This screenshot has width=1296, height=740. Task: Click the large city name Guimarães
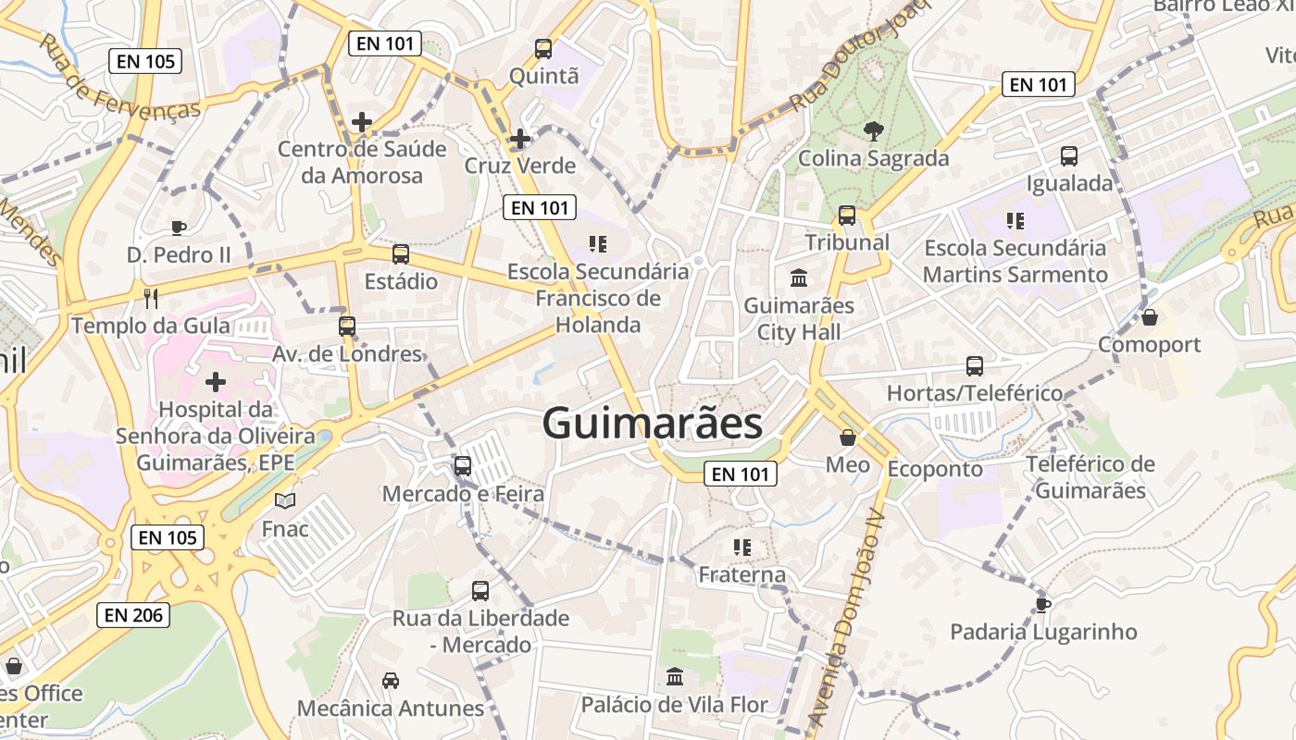coord(653,424)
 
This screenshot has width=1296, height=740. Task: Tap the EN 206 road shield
coord(133,614)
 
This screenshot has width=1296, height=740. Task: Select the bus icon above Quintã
coord(543,48)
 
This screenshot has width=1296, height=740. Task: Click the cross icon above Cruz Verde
coord(520,139)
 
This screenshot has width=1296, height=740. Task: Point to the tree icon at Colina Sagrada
coord(872,131)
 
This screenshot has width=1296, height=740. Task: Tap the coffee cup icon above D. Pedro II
coord(179,228)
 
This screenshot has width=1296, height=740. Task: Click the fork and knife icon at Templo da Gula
coord(152,298)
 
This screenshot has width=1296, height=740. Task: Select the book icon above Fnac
coord(285,501)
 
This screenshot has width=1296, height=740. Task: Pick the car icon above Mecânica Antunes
coord(391,681)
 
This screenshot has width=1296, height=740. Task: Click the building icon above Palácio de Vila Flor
coord(675,677)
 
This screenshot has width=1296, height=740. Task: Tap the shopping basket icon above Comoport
coord(1150,317)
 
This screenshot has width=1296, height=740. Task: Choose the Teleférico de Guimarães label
coord(1090,477)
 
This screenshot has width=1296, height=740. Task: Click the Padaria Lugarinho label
coord(1043,633)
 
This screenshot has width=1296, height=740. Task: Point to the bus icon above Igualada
coord(1069,155)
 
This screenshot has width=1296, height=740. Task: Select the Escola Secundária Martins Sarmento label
coord(1016,262)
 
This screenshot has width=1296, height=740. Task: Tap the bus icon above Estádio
coord(401,253)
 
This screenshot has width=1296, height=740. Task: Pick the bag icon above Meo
coord(848,438)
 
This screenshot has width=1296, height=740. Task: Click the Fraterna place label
coord(741,574)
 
